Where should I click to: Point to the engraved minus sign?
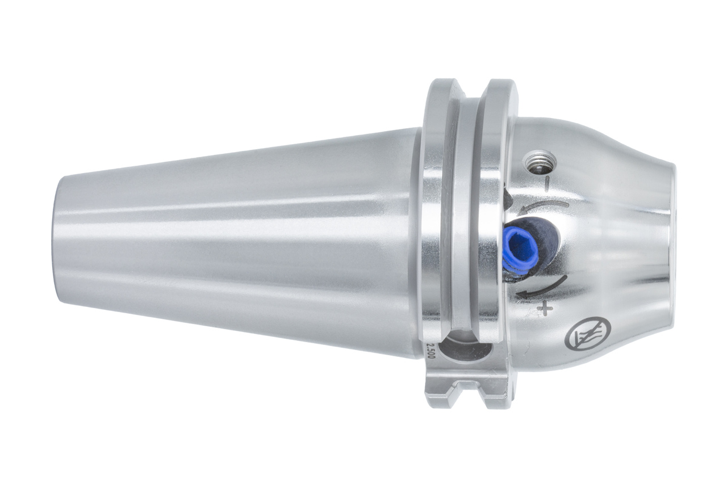547,184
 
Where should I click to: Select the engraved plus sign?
545,308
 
